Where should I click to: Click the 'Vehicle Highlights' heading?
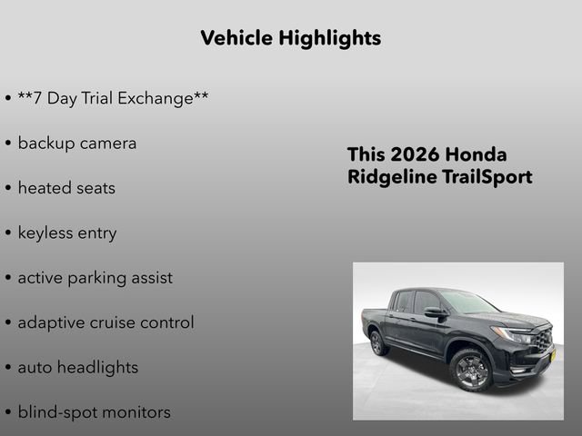coord(290,38)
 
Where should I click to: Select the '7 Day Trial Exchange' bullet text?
coord(113,98)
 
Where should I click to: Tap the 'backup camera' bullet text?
coord(77,144)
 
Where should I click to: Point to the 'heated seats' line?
coord(66,188)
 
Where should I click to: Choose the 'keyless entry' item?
coord(67,233)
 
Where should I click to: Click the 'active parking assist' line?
coord(95,278)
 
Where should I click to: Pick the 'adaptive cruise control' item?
coord(105,322)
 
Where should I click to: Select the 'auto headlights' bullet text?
coord(78,368)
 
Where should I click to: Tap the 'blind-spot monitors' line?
coord(94,412)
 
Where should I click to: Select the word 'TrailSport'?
coord(487,177)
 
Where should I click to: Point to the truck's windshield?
coord(468,302)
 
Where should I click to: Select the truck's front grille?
coord(543,341)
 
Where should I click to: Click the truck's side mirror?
coord(435,312)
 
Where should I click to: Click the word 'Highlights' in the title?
coord(331,38)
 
